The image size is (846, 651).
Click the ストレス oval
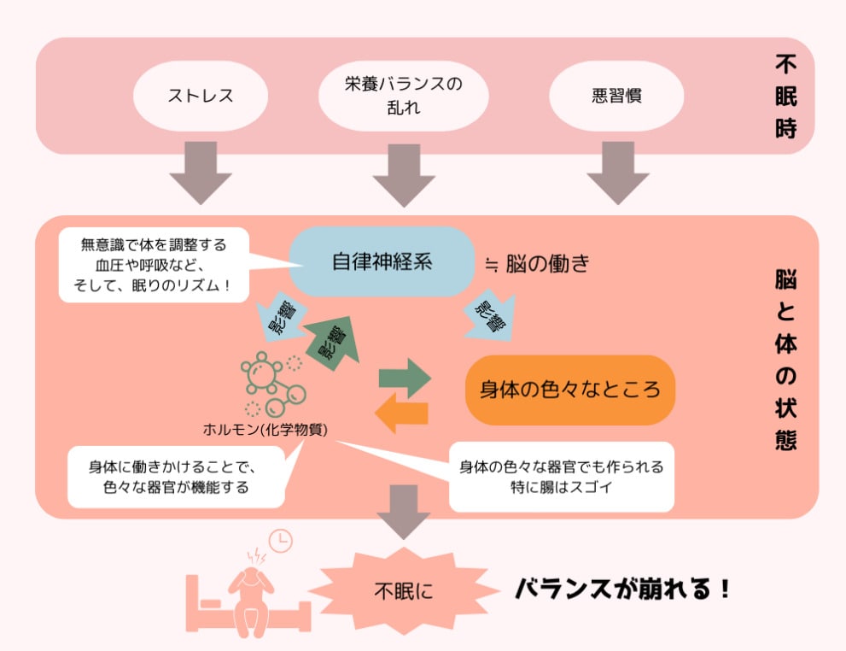pyautogui.click(x=200, y=95)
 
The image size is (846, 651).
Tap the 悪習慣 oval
pyautogui.click(x=616, y=95)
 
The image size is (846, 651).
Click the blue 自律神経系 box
pyautogui.click(x=382, y=261)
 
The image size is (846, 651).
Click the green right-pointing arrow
pyautogui.click(x=404, y=377)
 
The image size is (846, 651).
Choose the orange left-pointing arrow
pyautogui.click(x=401, y=412)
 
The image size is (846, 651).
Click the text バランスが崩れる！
pyautogui.click(x=621, y=589)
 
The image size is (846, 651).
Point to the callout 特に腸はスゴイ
pyautogui.click(x=562, y=477)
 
